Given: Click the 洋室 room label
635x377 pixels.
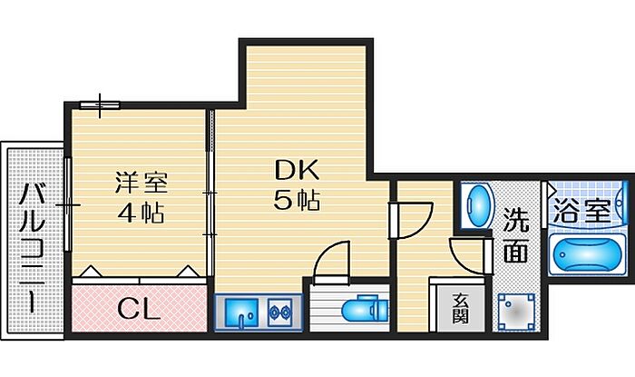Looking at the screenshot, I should (x=141, y=182).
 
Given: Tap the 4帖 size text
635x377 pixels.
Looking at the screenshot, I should (x=141, y=214).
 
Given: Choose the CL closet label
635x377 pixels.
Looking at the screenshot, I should (x=140, y=309).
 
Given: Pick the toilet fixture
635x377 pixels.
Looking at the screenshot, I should (x=366, y=310).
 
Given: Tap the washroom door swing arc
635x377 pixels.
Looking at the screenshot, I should (x=470, y=254).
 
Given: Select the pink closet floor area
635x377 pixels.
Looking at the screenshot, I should (x=140, y=309).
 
